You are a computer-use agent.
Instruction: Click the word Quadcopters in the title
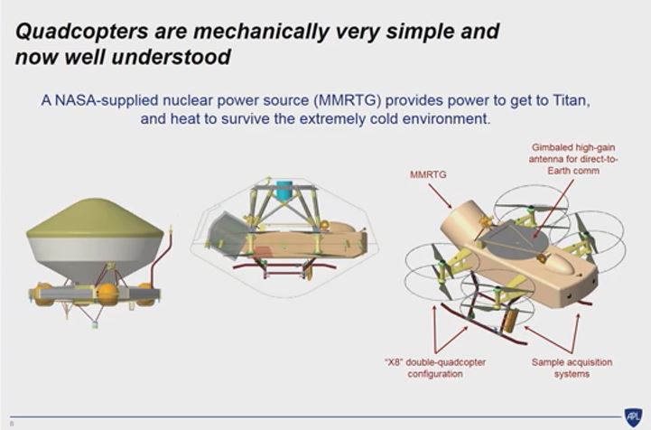tap(82, 32)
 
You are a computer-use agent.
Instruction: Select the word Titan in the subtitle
tap(571, 100)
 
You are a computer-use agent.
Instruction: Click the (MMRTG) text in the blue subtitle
tap(348, 100)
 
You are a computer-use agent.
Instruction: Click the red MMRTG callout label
tap(428, 174)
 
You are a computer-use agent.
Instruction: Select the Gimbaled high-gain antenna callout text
tap(573, 159)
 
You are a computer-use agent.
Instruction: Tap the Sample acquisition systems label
tap(572, 368)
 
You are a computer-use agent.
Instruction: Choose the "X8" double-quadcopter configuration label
tap(435, 368)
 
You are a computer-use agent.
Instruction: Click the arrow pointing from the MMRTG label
tap(440, 196)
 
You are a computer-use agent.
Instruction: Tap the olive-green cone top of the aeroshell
tap(95, 219)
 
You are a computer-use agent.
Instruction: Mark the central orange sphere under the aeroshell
tap(107, 294)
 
